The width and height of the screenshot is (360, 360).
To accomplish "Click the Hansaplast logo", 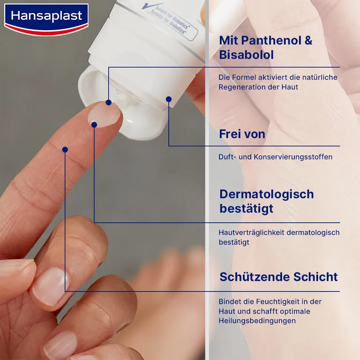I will point(46,17).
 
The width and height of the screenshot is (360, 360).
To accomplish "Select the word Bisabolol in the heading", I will point(246,55).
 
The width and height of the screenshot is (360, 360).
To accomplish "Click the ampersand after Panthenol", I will point(308,40).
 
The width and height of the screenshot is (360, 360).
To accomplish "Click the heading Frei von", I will point(242,134).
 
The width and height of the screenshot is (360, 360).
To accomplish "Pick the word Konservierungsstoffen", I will point(293,157).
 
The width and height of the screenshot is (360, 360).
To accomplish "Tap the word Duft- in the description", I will point(228,157).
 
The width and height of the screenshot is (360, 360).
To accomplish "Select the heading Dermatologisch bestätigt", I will point(266,201).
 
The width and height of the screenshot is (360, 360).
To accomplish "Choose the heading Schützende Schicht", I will point(278,277).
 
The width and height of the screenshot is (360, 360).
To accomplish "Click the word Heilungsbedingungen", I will point(257,321).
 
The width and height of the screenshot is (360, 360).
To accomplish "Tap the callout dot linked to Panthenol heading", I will point(108,102).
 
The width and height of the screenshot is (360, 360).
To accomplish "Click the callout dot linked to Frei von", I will point(169,99).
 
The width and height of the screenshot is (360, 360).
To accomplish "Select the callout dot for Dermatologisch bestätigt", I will point(94,124).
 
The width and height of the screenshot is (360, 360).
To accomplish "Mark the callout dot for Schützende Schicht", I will point(65,150).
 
